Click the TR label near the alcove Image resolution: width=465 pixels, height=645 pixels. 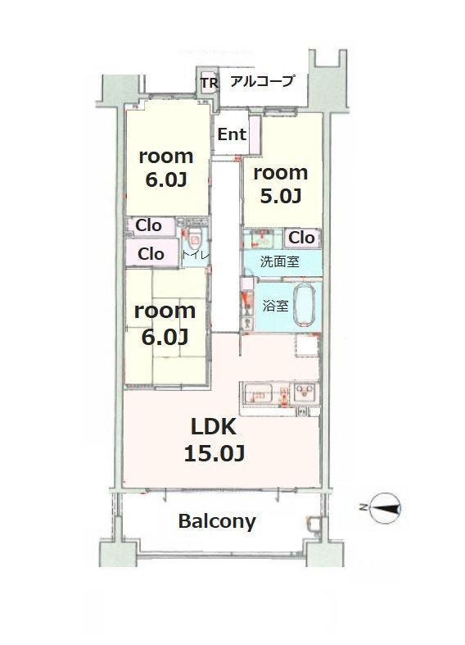(209, 83)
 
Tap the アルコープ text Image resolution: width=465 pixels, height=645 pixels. (262, 81)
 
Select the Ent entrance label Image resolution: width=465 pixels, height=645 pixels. (232, 134)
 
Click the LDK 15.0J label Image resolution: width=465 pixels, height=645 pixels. (214, 440)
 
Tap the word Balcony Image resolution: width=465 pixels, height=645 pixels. (217, 521)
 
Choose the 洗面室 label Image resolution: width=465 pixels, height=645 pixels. (279, 261)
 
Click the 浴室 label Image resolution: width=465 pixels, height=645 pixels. (276, 306)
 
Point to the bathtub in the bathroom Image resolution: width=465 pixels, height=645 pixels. (305, 306)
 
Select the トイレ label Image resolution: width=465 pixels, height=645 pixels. (196, 255)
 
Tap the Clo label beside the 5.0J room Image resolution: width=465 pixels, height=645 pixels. (301, 238)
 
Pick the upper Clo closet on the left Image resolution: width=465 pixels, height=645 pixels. (149, 225)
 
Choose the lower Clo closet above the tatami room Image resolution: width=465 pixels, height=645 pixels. (151, 254)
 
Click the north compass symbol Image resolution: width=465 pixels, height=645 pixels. (385, 508)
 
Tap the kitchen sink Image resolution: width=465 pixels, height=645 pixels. (260, 394)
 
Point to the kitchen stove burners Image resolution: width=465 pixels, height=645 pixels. (305, 393)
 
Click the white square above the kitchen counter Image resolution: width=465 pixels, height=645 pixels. (307, 347)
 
